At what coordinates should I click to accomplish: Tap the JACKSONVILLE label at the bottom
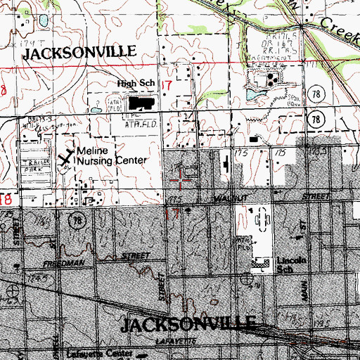188,324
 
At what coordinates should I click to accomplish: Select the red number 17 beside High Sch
167,85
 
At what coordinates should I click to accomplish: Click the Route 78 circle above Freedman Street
74,222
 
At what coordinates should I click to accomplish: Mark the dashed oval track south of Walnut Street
261,221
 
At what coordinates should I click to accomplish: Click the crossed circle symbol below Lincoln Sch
248,279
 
